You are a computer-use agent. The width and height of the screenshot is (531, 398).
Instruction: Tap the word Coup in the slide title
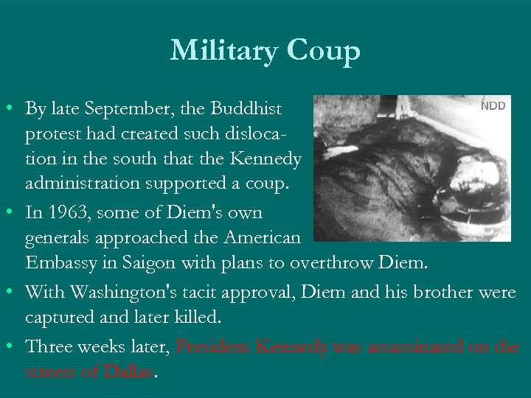(324, 51)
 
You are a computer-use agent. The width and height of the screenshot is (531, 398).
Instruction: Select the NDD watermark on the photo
(493, 105)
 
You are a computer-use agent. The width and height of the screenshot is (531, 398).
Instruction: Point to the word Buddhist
(246, 109)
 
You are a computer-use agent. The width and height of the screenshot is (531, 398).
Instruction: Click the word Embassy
(61, 263)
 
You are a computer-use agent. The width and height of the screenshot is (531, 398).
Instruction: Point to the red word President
(214, 346)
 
